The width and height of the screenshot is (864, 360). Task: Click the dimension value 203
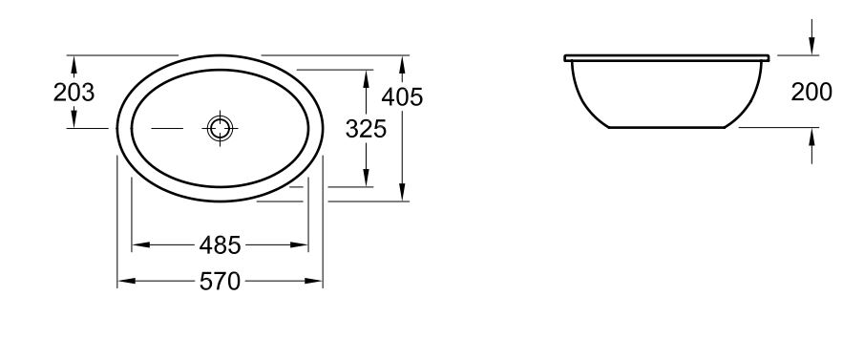[74, 93]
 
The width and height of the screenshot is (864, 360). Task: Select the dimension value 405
[402, 97]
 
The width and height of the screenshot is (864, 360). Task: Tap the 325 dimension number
[366, 129]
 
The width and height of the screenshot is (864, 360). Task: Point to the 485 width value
[220, 244]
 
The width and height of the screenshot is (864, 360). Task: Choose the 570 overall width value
[220, 281]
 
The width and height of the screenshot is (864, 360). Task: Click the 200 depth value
[811, 92]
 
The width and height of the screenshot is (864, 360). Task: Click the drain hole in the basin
[220, 129]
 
